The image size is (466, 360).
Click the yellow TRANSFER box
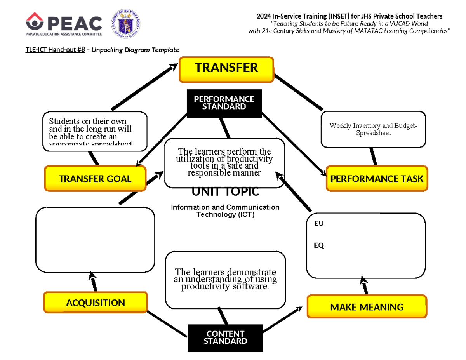(226, 69)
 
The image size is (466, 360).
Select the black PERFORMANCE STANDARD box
(224, 103)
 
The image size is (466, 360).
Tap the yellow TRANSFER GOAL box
(95, 179)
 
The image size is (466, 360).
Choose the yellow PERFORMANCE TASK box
(376, 179)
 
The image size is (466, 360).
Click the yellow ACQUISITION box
(96, 303)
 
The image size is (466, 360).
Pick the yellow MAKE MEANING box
(367, 307)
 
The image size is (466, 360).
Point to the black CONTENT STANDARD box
(225, 337)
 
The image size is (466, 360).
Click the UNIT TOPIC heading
(225, 191)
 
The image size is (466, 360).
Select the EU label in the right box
(318, 224)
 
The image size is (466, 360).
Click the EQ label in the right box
(319, 245)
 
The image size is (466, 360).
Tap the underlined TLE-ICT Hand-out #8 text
(55, 50)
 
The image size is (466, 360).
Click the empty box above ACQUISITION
(95, 240)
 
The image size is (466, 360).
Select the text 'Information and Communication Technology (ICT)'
(225, 210)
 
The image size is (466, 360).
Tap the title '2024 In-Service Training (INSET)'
(295, 16)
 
